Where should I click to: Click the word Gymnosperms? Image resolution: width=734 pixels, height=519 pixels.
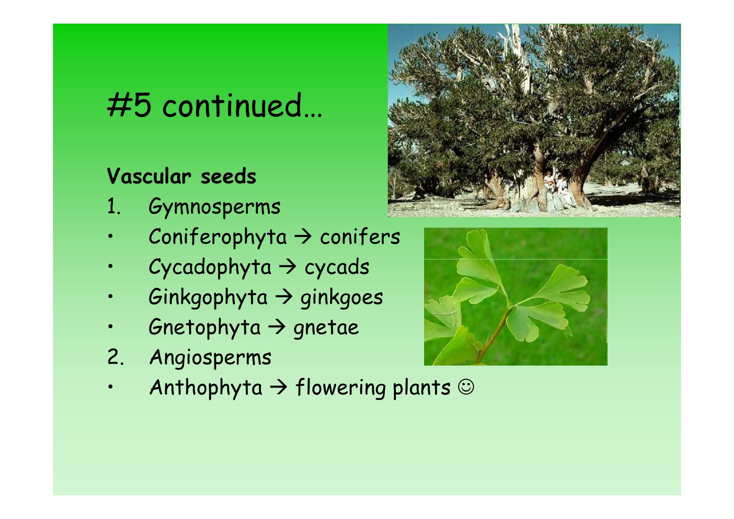214,207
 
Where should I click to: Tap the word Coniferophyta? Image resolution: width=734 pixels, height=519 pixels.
218,237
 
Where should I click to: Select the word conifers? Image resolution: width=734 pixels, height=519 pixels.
360,237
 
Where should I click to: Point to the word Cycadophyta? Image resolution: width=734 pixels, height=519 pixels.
210,267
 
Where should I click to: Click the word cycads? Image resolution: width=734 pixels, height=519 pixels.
337,268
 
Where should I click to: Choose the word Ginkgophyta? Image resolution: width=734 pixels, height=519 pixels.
208,297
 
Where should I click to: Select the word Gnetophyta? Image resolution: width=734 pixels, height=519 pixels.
205,328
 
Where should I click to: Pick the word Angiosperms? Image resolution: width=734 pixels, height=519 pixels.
210,358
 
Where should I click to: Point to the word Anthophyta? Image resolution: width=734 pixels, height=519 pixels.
206,388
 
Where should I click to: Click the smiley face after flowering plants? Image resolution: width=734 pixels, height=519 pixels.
466,387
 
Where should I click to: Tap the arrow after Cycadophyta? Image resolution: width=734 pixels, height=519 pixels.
288,267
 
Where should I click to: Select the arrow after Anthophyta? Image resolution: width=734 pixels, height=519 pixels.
279,387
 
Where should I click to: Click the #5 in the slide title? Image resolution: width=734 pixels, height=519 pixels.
129,105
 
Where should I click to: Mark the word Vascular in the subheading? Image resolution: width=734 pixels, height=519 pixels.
149,176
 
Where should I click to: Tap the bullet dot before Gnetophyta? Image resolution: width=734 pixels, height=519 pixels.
110,326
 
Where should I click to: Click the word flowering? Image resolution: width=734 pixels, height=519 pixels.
340,388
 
